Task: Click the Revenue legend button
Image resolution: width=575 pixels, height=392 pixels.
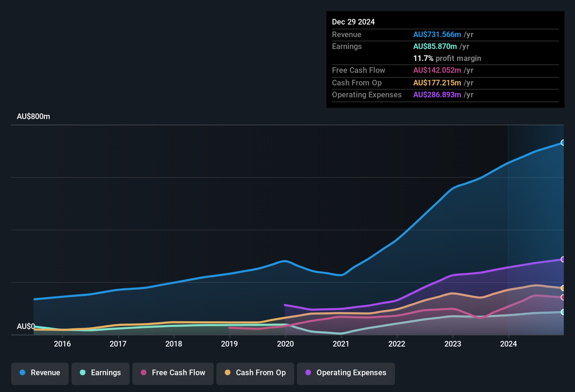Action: click(40, 373)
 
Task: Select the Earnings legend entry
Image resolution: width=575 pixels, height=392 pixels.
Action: click(101, 373)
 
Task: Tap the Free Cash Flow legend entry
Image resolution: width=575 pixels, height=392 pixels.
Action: click(173, 373)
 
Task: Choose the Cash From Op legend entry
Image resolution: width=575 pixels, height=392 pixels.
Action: click(255, 373)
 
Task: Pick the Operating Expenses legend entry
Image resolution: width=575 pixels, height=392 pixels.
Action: click(346, 373)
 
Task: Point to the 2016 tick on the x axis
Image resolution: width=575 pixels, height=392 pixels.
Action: click(62, 344)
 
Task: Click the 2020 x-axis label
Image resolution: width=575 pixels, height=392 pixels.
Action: click(285, 344)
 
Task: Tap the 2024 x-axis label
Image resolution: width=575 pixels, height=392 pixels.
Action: click(508, 344)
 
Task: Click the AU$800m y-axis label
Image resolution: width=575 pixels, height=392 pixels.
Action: click(33, 117)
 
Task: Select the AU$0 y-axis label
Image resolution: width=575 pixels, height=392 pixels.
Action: click(26, 327)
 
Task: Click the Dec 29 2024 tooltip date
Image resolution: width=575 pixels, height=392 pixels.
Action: click(353, 22)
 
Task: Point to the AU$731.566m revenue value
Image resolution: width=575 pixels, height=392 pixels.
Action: click(437, 35)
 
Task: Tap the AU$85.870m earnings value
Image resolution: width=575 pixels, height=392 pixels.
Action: click(435, 47)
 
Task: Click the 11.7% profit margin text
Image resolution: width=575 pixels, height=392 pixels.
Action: click(447, 58)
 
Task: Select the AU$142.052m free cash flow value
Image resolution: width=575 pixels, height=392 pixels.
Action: click(437, 70)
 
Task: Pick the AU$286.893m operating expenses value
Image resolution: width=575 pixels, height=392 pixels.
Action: click(437, 95)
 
